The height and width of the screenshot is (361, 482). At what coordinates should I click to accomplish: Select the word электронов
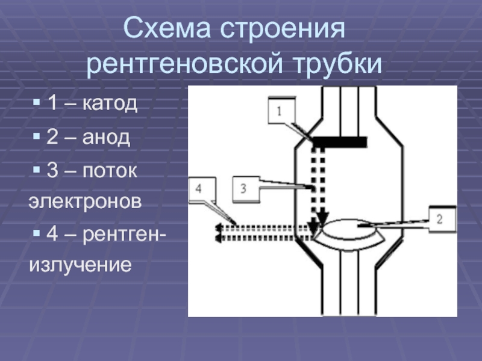(x=86, y=200)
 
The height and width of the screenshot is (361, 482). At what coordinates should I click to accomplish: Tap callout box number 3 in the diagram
(x=243, y=189)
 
